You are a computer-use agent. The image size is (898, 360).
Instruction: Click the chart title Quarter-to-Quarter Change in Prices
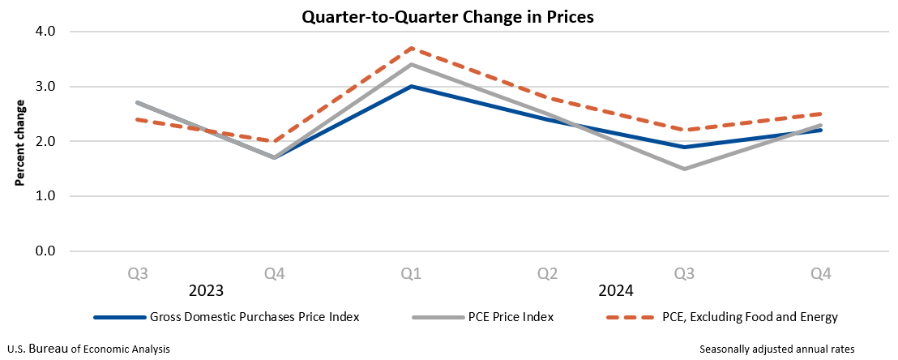(448, 16)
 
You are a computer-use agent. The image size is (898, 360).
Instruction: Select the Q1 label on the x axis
(411, 274)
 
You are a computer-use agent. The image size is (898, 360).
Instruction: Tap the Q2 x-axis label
(548, 274)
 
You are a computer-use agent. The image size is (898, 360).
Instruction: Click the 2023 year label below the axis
(206, 290)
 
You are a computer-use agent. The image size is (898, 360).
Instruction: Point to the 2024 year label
(616, 290)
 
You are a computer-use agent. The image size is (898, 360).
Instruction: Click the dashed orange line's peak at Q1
(411, 48)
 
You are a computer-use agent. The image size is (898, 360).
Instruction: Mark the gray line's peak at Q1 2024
(411, 64)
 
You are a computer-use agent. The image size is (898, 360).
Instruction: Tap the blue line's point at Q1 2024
(411, 86)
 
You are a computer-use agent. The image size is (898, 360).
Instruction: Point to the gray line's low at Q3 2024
(685, 169)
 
